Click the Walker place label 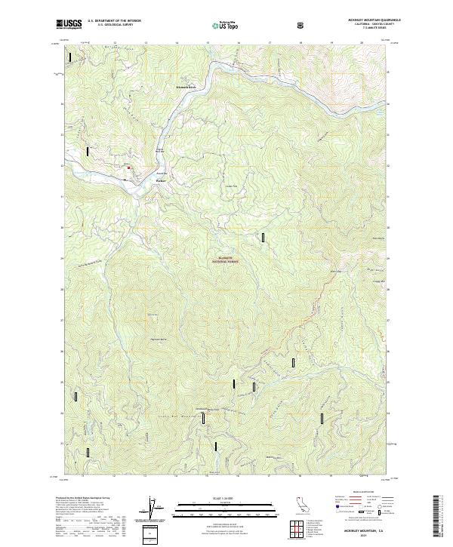(160, 180)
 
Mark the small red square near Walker (128, 167)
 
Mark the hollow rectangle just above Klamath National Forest (263, 238)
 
